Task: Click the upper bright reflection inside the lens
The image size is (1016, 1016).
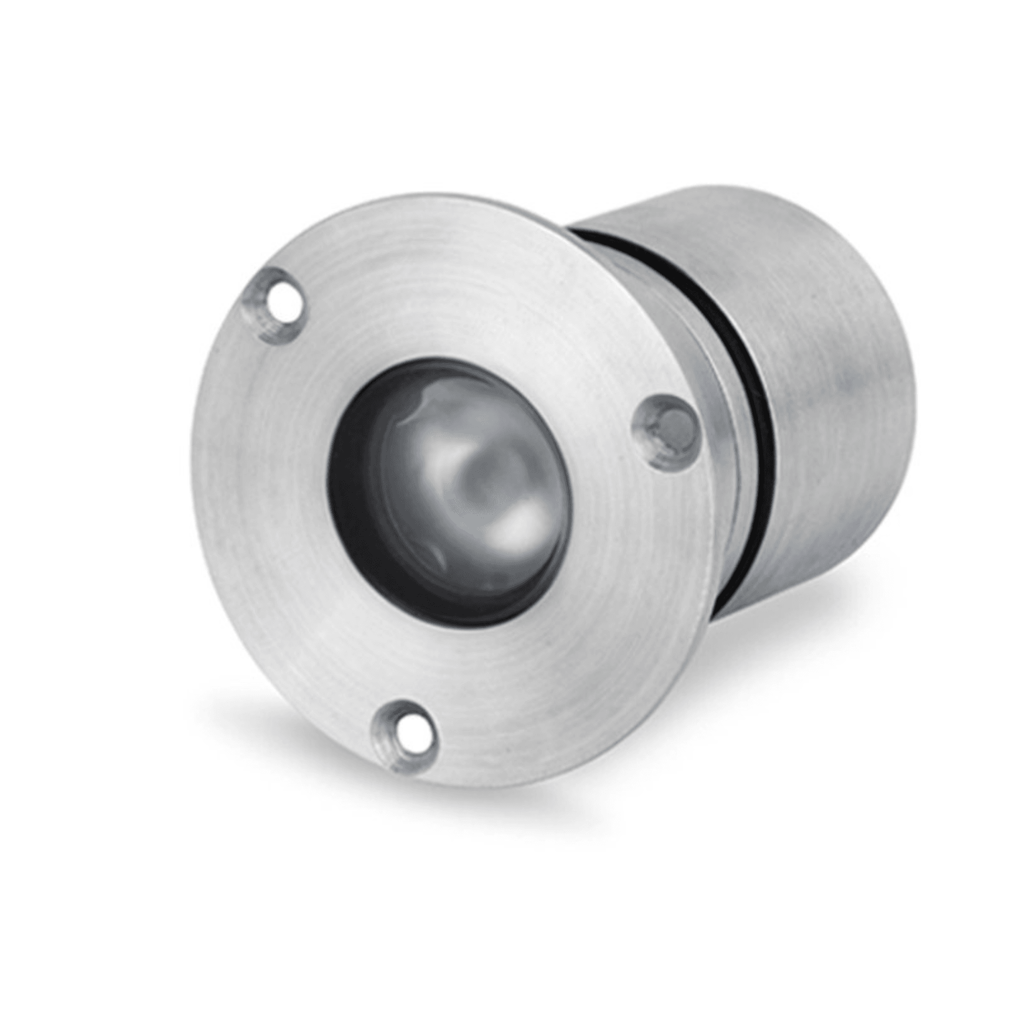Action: (421, 405)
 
